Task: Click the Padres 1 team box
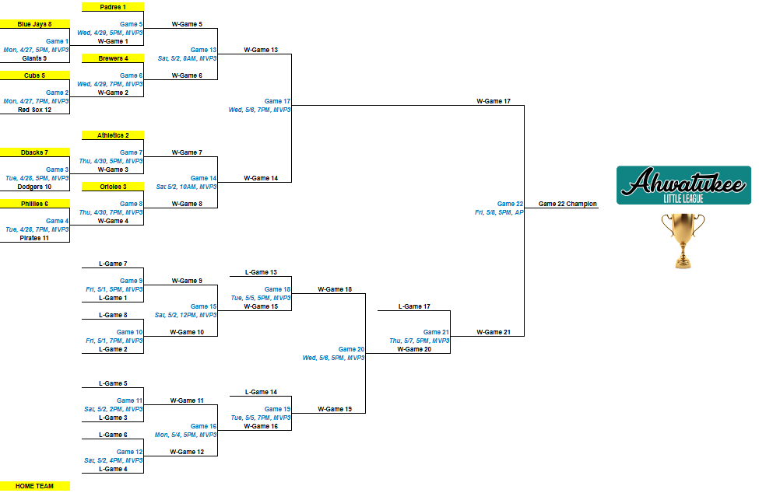tap(113, 7)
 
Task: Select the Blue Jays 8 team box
tap(35, 24)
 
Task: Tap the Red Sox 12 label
tap(35, 110)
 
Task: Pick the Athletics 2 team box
tap(113, 135)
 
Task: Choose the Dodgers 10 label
tap(35, 187)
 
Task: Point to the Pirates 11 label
tap(35, 238)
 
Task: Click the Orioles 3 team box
tap(113, 187)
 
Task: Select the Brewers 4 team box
tap(113, 58)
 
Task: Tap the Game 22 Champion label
tap(566, 204)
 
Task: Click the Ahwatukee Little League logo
tap(683, 185)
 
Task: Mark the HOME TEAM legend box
tap(35, 486)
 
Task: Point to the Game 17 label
tap(277, 101)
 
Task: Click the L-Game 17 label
tap(414, 306)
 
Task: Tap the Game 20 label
tap(351, 349)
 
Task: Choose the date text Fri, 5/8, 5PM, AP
tap(499, 212)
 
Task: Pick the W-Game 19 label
tap(335, 409)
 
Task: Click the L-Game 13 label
tap(261, 272)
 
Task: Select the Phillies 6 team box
tap(35, 204)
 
